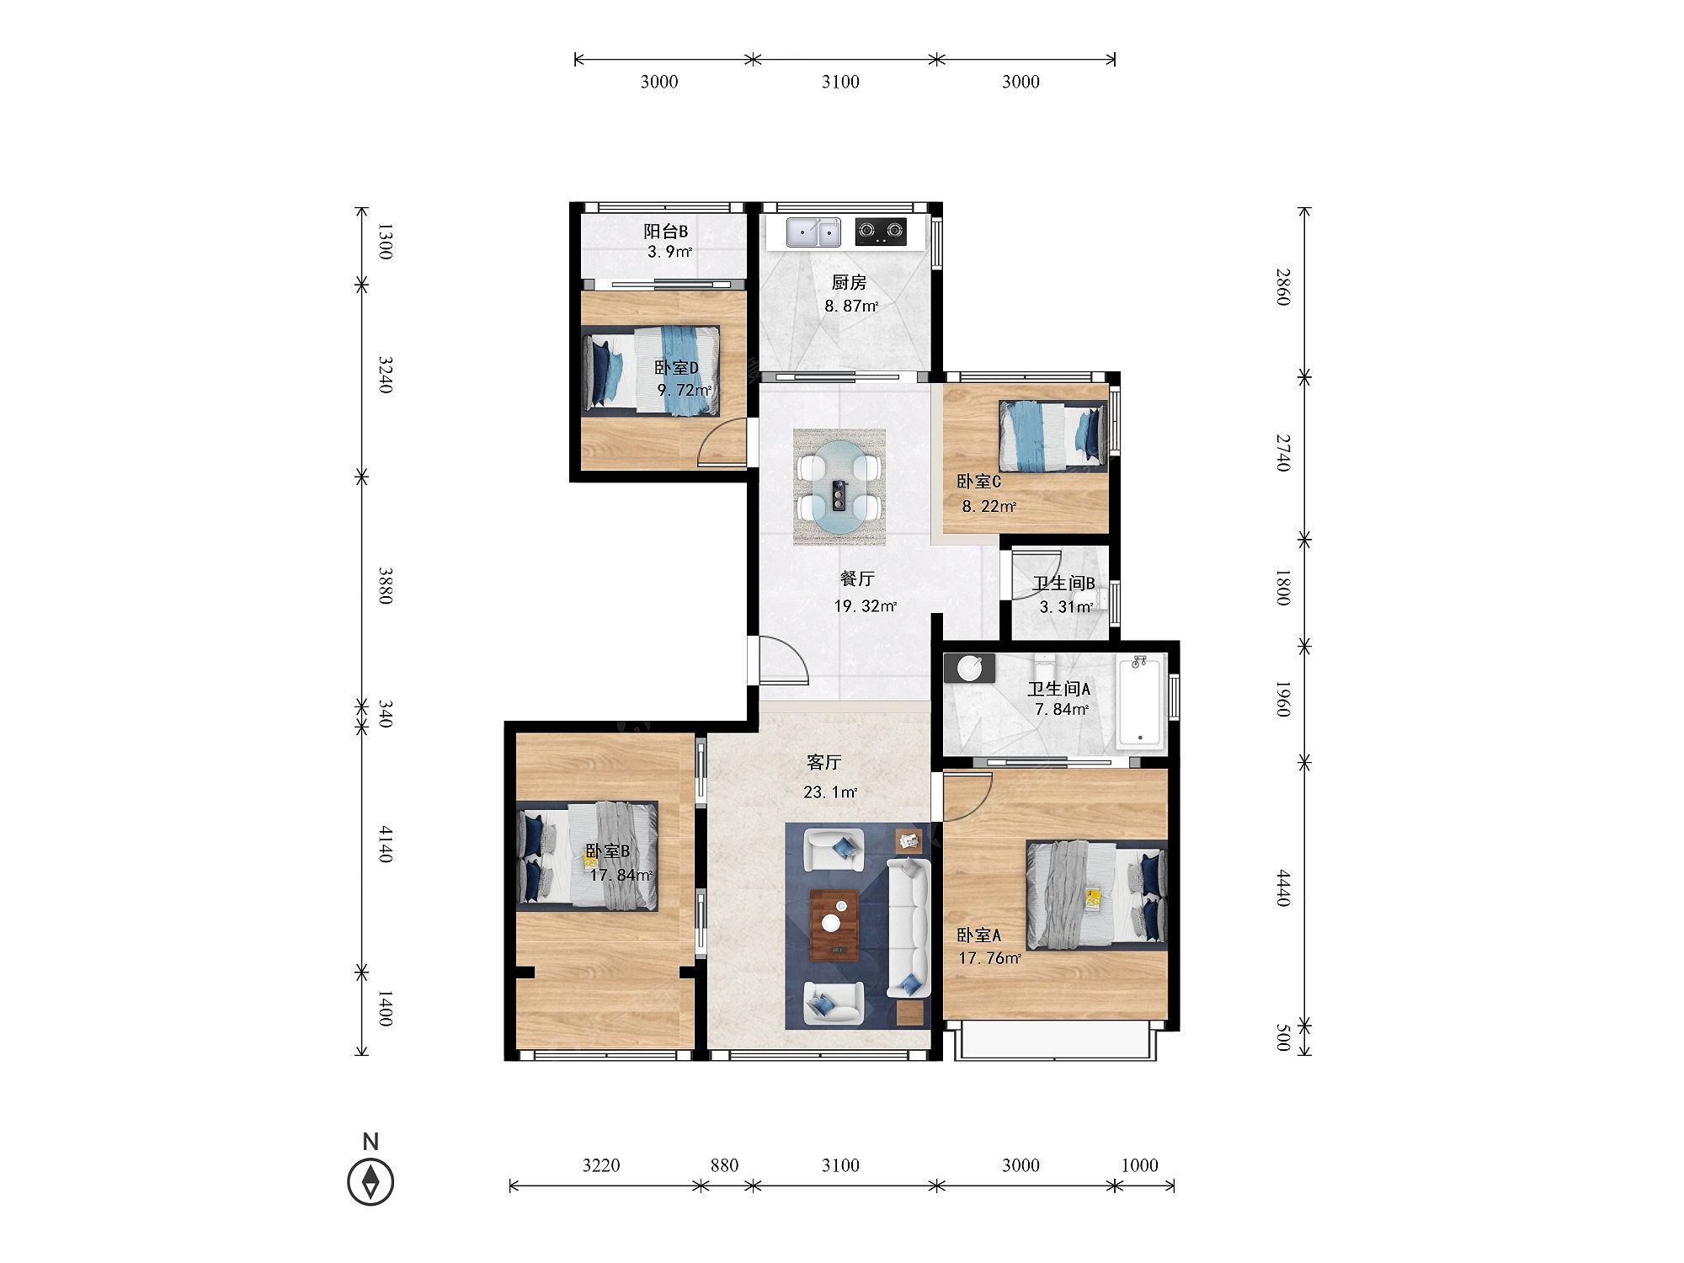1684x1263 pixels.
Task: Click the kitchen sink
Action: tap(813, 232)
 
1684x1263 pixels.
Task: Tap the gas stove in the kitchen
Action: tap(881, 232)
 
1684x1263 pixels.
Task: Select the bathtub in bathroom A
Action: tap(1141, 701)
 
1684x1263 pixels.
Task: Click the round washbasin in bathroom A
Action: tap(970, 668)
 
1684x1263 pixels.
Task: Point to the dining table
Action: tap(839, 488)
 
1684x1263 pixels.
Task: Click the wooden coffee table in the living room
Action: tap(834, 925)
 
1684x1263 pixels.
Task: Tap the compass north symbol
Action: tap(370, 1181)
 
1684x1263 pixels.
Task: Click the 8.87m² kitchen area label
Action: tap(851, 306)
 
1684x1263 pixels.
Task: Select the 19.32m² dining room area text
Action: tap(866, 606)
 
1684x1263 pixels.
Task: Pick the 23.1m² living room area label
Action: tap(830, 792)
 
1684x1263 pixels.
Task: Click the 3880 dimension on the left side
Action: tap(385, 586)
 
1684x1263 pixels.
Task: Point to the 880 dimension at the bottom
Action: tap(724, 1165)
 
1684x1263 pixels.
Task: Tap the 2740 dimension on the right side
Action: tap(1282, 453)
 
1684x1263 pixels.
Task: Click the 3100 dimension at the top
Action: tap(840, 82)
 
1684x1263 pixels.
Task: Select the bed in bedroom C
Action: tap(1052, 436)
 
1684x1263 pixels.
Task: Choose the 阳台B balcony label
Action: tap(666, 232)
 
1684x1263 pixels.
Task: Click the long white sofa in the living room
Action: tap(909, 928)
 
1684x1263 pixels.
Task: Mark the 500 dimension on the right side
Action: tap(1282, 1038)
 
